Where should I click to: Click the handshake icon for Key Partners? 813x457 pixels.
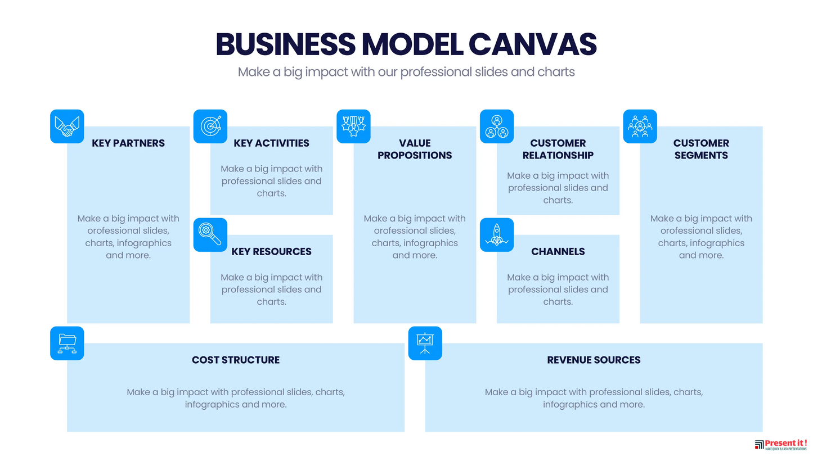pyautogui.click(x=67, y=126)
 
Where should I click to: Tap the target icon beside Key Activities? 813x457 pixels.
pyautogui.click(x=210, y=126)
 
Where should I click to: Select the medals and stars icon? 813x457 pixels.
pyautogui.click(x=353, y=126)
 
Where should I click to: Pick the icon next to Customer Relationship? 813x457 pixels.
pyautogui.click(x=497, y=126)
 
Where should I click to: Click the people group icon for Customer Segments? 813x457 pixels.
pyautogui.click(x=640, y=126)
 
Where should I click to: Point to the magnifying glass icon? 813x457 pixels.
pyautogui.click(x=210, y=235)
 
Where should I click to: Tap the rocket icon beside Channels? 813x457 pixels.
pyautogui.click(x=497, y=235)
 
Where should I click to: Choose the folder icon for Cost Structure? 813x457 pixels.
pyautogui.click(x=67, y=343)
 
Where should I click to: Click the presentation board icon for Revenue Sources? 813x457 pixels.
pyautogui.click(x=425, y=343)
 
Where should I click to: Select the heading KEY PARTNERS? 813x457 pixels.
pyautogui.click(x=128, y=143)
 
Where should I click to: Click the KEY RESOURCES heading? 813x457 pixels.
pyautogui.click(x=271, y=252)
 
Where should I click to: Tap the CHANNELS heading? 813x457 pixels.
pyautogui.click(x=558, y=252)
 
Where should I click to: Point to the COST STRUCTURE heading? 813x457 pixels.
pyautogui.click(x=236, y=360)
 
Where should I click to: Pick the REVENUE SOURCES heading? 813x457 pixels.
pyautogui.click(x=594, y=360)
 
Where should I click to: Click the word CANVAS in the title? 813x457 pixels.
pyautogui.click(x=532, y=44)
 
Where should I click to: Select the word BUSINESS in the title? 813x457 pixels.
pyautogui.click(x=285, y=44)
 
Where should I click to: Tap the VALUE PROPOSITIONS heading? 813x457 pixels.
pyautogui.click(x=415, y=150)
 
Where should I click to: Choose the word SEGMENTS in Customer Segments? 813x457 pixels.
pyautogui.click(x=701, y=156)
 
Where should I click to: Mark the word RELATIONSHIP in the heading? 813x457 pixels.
pyautogui.click(x=558, y=156)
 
